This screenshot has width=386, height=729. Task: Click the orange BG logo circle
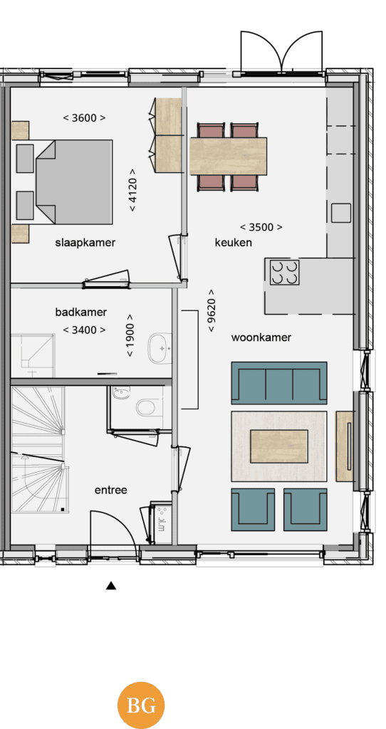pyautogui.click(x=141, y=706)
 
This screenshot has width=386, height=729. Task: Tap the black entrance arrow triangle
pyautogui.click(x=110, y=585)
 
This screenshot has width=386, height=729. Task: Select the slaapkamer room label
pyautogui.click(x=85, y=243)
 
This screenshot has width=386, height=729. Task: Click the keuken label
pyautogui.click(x=234, y=242)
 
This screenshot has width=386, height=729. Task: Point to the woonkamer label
pyautogui.click(x=261, y=337)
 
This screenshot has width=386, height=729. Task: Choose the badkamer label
pyautogui.click(x=81, y=312)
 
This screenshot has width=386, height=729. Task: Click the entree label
pyautogui.click(x=110, y=490)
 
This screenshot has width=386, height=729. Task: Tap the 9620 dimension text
pyautogui.click(x=212, y=310)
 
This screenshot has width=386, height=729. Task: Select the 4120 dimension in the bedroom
pyautogui.click(x=133, y=189)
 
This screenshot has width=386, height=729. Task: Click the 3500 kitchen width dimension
pyautogui.click(x=261, y=227)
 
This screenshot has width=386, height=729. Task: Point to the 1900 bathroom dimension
pyautogui.click(x=130, y=335)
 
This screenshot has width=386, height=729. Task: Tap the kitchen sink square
pyautogui.click(x=341, y=214)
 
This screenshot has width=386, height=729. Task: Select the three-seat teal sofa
pyautogui.click(x=279, y=383)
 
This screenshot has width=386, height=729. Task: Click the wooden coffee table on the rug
pyautogui.click(x=279, y=446)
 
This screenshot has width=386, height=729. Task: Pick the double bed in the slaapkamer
pyautogui.click(x=74, y=182)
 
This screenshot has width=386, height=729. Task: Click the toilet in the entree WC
pyautogui.click(x=145, y=408)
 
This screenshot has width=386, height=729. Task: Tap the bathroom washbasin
pyautogui.click(x=158, y=347)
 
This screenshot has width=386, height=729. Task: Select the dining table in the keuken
pyautogui.click(x=229, y=156)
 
